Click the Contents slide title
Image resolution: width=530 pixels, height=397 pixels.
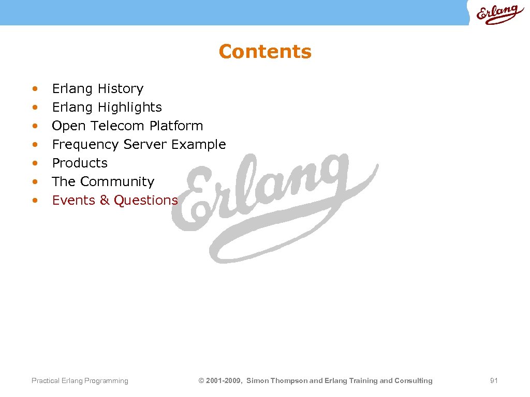click(265, 52)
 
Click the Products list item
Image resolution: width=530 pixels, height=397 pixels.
click(80, 163)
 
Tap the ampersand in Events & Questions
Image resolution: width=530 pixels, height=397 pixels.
click(105, 201)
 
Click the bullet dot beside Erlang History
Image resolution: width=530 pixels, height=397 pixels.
click(35, 89)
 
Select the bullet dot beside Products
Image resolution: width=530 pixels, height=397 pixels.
click(35, 163)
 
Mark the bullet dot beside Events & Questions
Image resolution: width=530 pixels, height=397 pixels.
click(35, 201)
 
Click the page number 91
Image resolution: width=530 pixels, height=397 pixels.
click(494, 381)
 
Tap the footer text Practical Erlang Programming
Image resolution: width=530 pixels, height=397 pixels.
click(80, 381)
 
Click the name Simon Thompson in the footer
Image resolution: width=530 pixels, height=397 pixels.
click(276, 381)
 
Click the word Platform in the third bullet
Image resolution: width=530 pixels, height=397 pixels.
click(176, 126)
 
